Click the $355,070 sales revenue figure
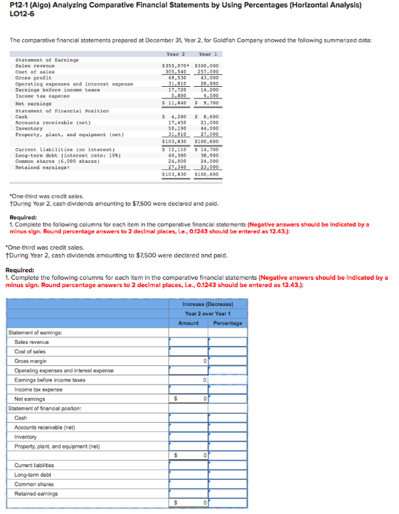(x=175, y=65)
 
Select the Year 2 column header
(x=176, y=54)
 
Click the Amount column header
(x=188, y=322)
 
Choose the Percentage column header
(x=227, y=322)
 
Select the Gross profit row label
(x=33, y=77)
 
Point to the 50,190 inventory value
(x=176, y=128)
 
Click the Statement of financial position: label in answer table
(x=44, y=409)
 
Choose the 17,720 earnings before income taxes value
(x=176, y=89)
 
